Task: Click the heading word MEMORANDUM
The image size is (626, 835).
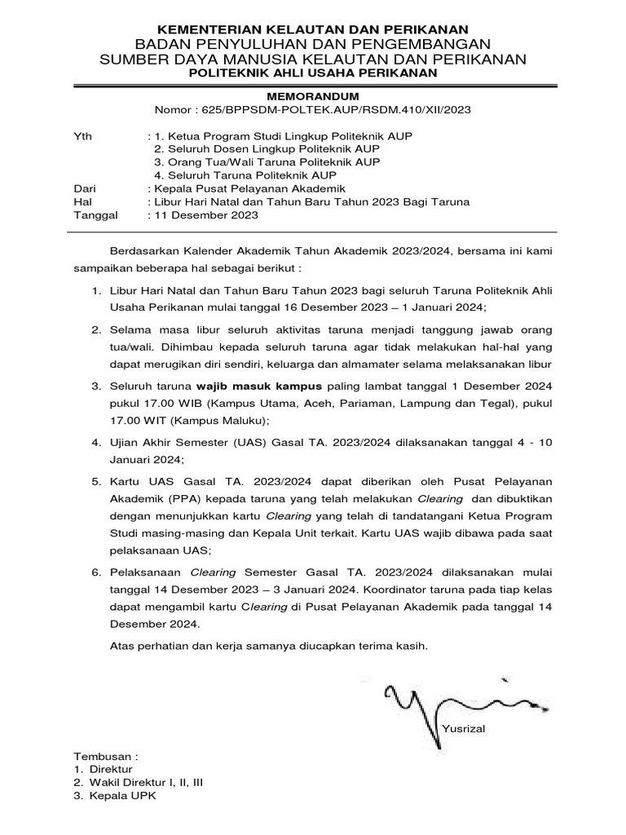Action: coord(313,95)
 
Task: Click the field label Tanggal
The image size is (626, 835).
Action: coord(96,215)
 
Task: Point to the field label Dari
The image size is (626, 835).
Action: coord(85,188)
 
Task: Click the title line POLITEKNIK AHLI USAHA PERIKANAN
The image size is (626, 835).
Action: coord(313,73)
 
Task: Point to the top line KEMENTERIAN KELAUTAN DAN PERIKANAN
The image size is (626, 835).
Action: coord(313,28)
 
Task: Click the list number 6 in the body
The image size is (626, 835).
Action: coord(95,573)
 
